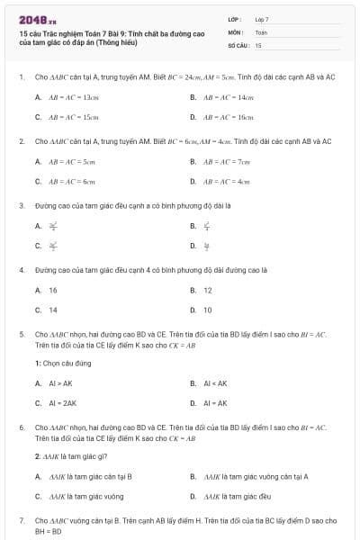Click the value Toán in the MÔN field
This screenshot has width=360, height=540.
coord(262,31)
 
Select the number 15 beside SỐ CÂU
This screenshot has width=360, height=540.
coord(258,44)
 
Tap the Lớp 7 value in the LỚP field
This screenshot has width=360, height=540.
coord(262,19)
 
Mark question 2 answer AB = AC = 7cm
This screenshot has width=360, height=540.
coord(227,161)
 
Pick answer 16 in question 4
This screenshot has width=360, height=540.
coord(53,290)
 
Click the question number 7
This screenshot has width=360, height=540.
coord(22,520)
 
